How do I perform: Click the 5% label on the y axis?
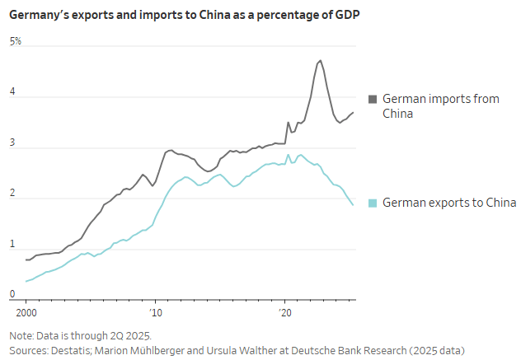[x=16, y=41]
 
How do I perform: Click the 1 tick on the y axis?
[x=12, y=245]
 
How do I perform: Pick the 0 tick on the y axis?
[x=12, y=294]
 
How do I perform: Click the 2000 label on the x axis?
[x=26, y=313]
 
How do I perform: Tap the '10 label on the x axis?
[x=154, y=313]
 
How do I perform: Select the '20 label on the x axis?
[x=285, y=313]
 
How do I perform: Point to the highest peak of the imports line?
[x=320, y=60]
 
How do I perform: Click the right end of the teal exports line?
[x=353, y=204]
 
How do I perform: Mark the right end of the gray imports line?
[x=353, y=112]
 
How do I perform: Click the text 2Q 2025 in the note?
[x=133, y=336]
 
